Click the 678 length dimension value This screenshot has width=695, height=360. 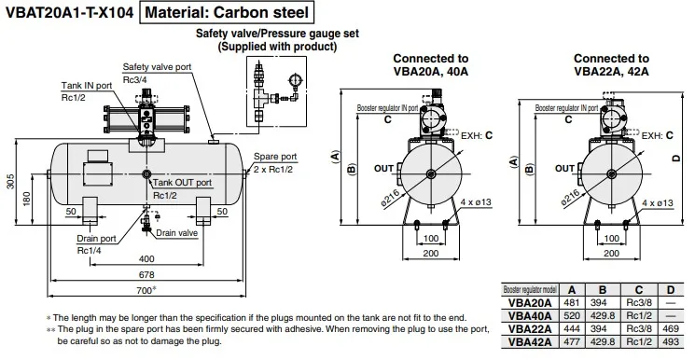(146, 274)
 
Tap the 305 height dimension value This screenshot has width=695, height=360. (10, 181)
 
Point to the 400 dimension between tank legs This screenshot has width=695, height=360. (146, 258)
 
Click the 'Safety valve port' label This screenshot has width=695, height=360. (157, 67)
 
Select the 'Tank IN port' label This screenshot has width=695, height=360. (87, 85)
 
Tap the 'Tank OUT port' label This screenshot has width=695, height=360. (182, 183)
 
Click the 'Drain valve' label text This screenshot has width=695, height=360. (177, 233)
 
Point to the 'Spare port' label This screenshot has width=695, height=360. (275, 157)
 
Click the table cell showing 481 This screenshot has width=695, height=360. (572, 303)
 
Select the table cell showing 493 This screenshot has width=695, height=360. (671, 342)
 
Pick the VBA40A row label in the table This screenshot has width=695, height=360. (530, 315)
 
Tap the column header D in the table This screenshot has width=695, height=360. (671, 290)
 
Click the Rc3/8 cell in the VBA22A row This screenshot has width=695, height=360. (639, 329)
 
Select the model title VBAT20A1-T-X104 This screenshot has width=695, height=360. (69, 12)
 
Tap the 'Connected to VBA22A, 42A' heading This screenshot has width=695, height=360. (611, 64)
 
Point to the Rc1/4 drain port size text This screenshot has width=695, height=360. (90, 251)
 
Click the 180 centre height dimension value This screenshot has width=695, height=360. (27, 199)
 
